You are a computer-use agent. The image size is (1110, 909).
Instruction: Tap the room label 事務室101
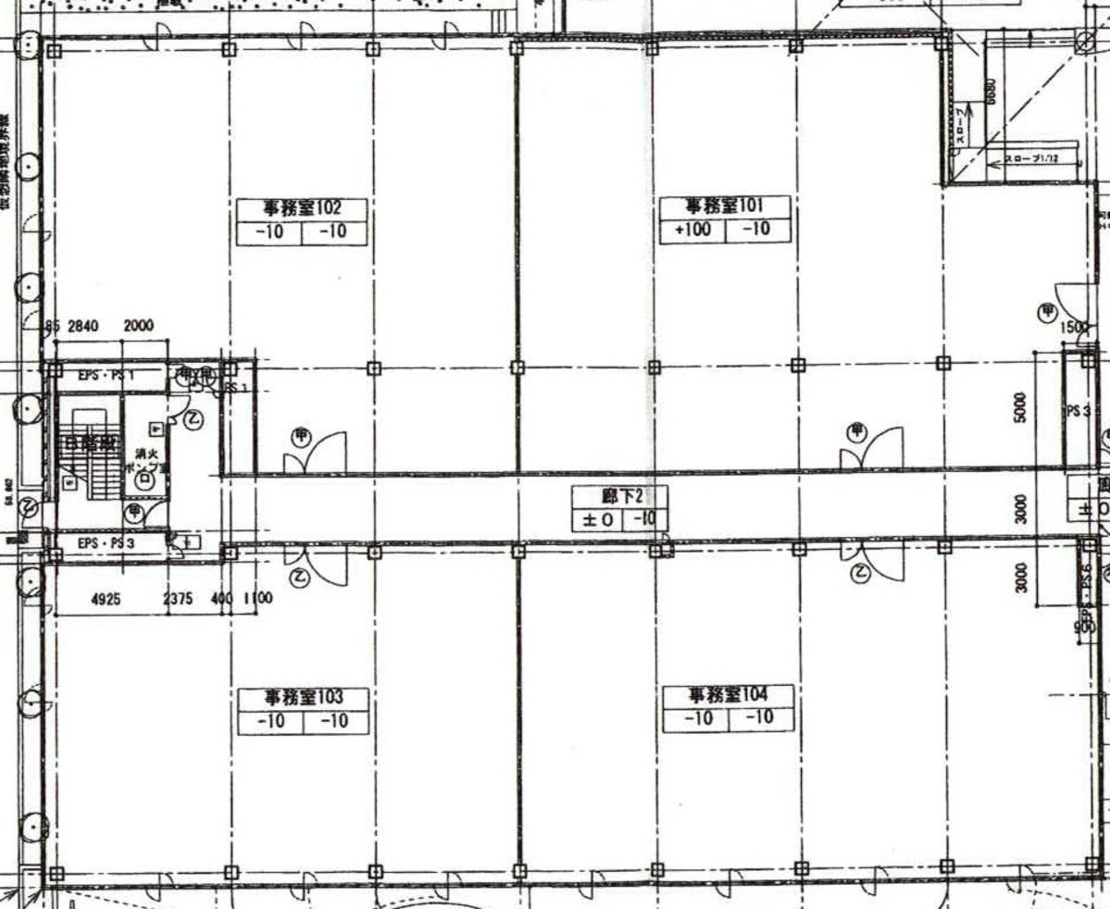[x=725, y=205]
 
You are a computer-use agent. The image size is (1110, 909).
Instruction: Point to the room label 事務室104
[x=728, y=694]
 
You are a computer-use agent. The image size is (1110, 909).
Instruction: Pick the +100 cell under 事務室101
[x=692, y=230]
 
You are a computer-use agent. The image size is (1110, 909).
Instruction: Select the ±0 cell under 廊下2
[x=597, y=520]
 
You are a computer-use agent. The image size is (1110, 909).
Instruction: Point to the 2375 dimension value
[x=179, y=599]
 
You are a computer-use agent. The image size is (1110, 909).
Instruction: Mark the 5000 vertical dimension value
[x=1020, y=407]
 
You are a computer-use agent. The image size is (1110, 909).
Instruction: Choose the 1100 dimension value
[x=257, y=599]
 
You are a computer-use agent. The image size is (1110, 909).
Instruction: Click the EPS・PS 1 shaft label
[x=106, y=375]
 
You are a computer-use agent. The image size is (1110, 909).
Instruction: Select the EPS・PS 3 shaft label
[x=106, y=542]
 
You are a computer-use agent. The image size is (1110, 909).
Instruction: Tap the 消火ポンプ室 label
[x=144, y=461]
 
